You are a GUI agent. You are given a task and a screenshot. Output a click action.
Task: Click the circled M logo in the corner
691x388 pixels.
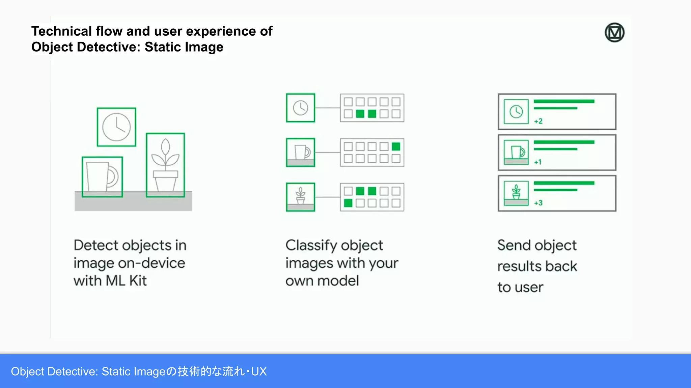pos(614,33)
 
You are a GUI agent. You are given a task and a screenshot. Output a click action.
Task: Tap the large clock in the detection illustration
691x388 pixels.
pos(116,127)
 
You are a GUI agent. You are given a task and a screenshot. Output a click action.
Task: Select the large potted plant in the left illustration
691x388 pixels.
pos(165,165)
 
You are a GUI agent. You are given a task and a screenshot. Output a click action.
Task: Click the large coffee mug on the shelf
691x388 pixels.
pos(102,177)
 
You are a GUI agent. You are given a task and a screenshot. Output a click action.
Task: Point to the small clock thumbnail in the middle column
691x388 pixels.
pos(300,108)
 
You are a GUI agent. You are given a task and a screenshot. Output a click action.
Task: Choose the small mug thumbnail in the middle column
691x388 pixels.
pos(300,152)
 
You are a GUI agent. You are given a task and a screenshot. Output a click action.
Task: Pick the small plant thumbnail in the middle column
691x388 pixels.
pos(300,197)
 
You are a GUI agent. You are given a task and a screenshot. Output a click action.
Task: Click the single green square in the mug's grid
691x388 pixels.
pos(396,147)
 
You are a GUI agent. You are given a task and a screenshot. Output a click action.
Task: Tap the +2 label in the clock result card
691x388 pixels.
pos(538,121)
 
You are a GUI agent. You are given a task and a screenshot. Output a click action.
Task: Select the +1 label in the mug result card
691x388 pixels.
pos(538,162)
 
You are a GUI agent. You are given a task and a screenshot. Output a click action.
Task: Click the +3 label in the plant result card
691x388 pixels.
pos(538,203)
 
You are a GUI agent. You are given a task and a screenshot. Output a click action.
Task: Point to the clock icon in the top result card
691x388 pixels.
pos(516,111)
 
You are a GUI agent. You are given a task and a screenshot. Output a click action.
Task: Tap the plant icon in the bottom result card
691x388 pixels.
pos(516,193)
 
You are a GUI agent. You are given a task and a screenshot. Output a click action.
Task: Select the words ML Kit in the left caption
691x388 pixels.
pos(126,281)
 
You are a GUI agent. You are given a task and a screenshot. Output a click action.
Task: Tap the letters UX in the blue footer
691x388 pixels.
pos(259,371)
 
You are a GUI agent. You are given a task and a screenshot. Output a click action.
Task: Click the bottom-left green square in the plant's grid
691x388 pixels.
pos(348,203)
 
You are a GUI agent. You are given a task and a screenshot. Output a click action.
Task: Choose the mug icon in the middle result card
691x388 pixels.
pos(516,152)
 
